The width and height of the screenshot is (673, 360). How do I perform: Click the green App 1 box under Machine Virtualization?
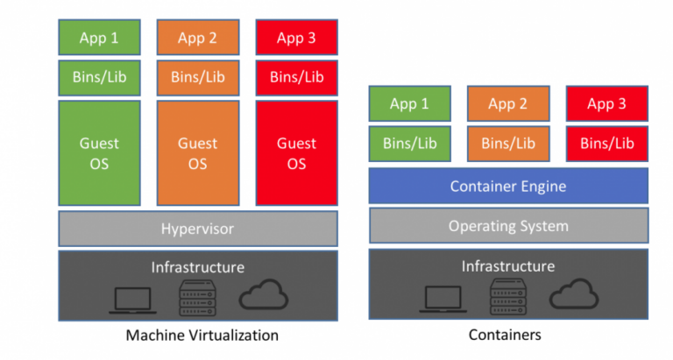click(99, 37)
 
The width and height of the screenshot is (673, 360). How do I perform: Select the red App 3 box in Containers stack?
click(606, 103)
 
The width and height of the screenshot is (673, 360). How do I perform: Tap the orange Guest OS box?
click(198, 153)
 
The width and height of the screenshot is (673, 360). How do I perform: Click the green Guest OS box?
click(99, 153)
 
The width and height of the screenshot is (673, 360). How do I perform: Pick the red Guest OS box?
click(297, 153)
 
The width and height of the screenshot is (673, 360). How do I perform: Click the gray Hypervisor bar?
click(198, 229)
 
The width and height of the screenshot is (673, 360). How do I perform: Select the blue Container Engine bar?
click(507, 186)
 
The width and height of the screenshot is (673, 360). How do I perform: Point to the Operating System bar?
click(507, 226)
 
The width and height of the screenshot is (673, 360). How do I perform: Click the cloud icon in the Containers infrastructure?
click(574, 296)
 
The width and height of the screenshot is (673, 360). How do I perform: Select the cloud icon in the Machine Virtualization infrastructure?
click(264, 297)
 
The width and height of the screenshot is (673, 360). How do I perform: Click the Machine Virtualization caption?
click(202, 335)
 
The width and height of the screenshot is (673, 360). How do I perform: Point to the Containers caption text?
click(505, 335)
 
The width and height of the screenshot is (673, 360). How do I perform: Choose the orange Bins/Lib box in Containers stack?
click(507, 144)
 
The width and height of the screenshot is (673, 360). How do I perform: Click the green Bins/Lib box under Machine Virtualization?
click(99, 77)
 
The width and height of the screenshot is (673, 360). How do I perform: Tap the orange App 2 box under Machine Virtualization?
click(198, 37)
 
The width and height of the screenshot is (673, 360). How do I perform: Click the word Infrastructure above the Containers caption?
click(508, 265)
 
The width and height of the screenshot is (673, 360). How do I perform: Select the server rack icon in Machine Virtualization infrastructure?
click(197, 298)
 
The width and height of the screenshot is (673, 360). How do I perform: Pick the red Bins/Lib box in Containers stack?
click(606, 144)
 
